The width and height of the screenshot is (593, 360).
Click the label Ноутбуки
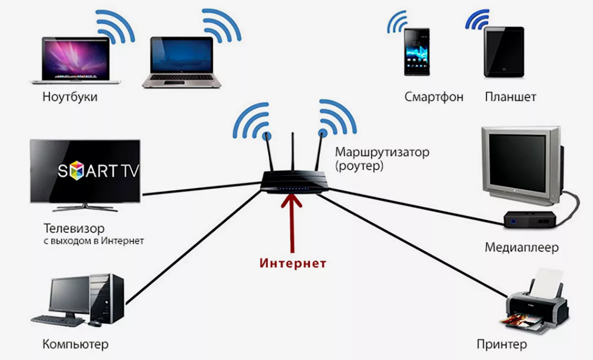point(70,98)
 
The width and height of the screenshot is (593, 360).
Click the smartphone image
point(417,52)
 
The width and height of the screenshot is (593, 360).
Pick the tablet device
point(503,52)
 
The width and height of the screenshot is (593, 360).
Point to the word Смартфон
point(433,97)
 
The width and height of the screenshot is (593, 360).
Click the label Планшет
point(510,97)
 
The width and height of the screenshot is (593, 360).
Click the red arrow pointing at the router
point(291,223)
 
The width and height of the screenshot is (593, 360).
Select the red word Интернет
point(293,263)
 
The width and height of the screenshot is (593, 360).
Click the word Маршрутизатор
point(382,152)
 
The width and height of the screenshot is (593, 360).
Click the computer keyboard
point(58,320)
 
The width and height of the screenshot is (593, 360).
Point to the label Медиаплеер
point(521,247)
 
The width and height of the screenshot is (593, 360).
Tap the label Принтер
point(501,345)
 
